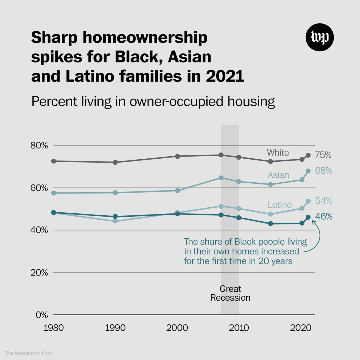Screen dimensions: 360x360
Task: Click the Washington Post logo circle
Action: coord(319,37)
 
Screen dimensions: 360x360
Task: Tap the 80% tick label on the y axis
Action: coord(39,146)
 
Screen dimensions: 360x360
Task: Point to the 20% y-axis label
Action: coord(39,273)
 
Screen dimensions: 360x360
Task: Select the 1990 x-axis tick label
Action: coord(115,328)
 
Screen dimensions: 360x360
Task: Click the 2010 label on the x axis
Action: coord(239,328)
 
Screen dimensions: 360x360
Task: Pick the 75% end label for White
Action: coord(323,155)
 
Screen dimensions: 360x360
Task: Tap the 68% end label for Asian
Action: coord(323,171)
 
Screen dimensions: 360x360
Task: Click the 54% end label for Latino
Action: coord(323,201)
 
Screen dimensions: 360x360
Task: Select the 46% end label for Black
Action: coord(323,217)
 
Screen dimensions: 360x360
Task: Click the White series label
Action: coord(278,153)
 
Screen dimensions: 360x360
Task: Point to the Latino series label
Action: coord(280,205)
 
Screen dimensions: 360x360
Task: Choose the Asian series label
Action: coord(278,175)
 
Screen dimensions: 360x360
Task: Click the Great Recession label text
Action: coord(230,293)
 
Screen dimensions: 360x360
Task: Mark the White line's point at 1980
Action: coord(54,161)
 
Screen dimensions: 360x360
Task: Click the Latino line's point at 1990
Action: coord(115,221)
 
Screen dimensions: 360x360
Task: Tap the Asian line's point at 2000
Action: coord(177,190)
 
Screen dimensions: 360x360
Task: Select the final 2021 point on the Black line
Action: coord(308,217)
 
